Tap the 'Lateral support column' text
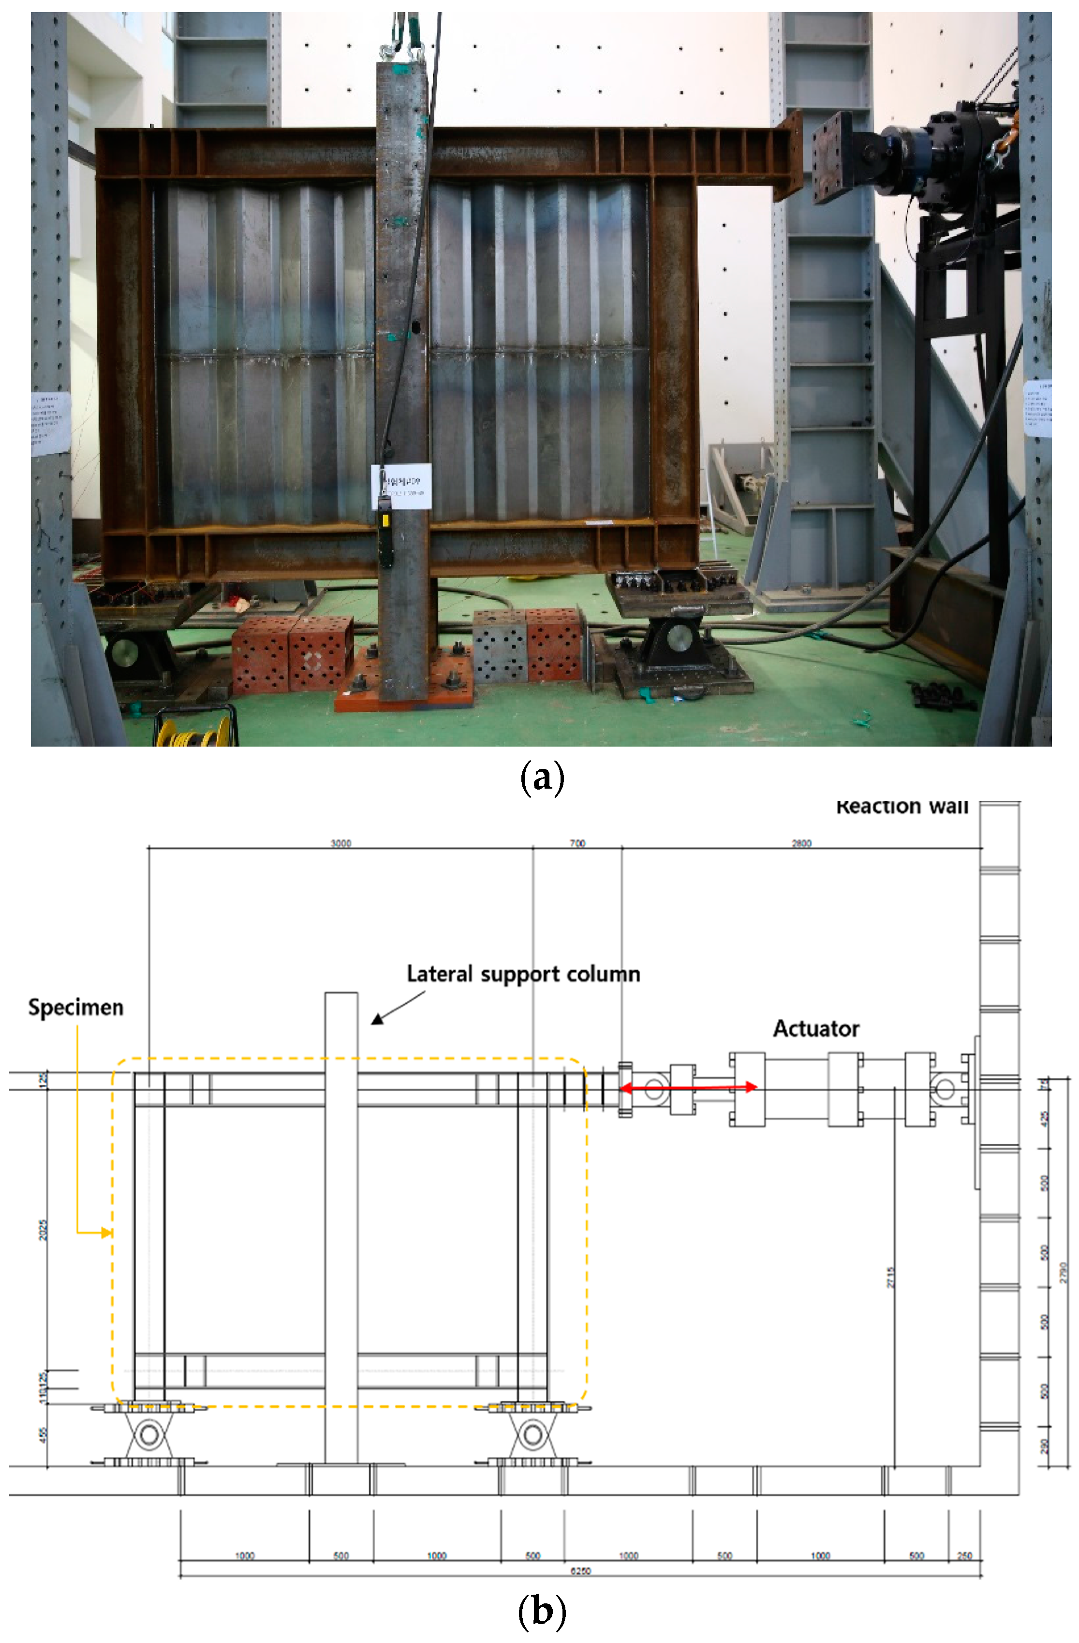pyautogui.click(x=523, y=974)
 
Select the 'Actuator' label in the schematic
pyautogui.click(x=816, y=1029)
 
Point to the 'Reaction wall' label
pyautogui.click(x=902, y=807)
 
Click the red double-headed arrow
pyautogui.click(x=689, y=1087)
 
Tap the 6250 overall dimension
pyautogui.click(x=580, y=1571)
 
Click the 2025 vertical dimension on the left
pyautogui.click(x=43, y=1229)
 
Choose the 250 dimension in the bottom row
pyautogui.click(x=964, y=1556)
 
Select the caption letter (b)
pyautogui.click(x=542, y=1612)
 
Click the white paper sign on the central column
pyautogui.click(x=401, y=486)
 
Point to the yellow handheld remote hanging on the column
pyautogui.click(x=385, y=538)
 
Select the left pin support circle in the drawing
pyautogui.click(x=148, y=1435)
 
